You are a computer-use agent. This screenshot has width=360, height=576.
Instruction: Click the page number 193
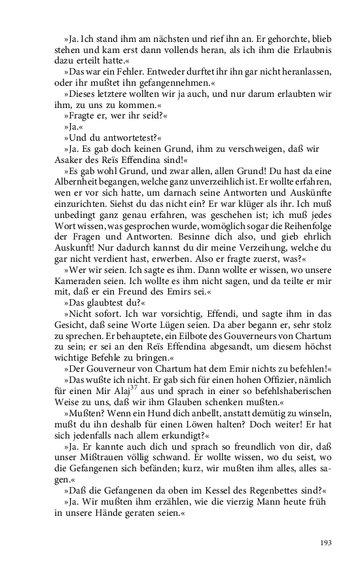(x=326, y=543)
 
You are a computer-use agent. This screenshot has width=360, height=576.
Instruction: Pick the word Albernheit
(x=77, y=183)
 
